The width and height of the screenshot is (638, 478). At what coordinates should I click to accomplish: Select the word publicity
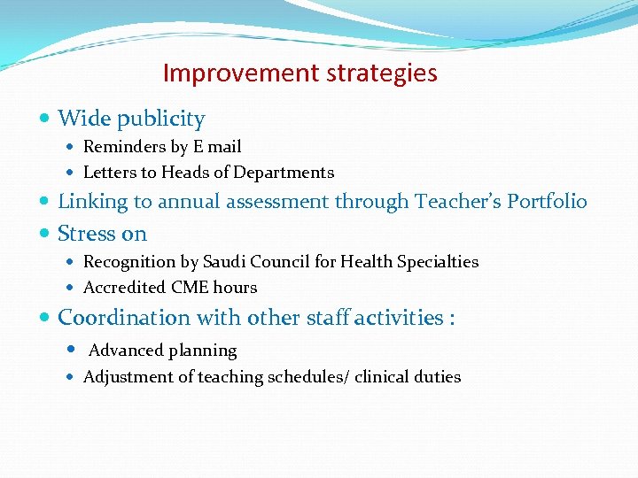pos(161,119)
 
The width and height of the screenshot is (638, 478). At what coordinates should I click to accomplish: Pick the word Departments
pos(289,173)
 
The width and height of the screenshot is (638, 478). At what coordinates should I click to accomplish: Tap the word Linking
pos(93,202)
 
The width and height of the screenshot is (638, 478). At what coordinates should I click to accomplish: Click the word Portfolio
pos(547,202)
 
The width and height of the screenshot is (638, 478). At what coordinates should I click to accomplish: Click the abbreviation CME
pos(190,288)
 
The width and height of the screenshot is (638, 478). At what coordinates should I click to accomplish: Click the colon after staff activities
pos(452,319)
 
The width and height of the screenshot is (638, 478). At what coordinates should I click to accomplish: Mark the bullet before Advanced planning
pos(72,351)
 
